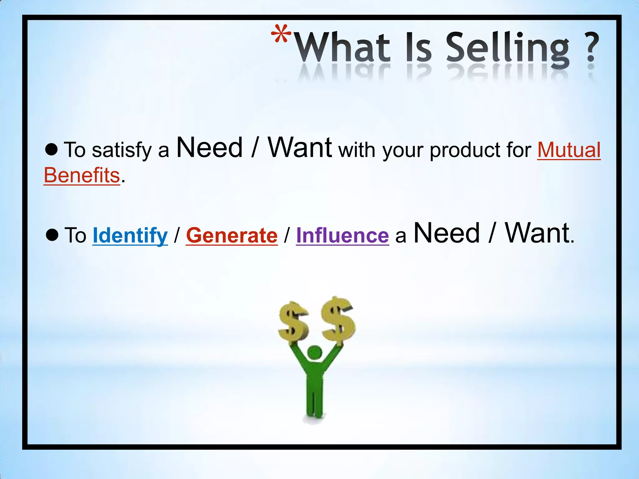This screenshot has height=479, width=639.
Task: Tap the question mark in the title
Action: pyautogui.click(x=590, y=48)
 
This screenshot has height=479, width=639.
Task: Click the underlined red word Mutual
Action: pyautogui.click(x=569, y=150)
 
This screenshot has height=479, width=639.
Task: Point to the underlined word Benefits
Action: pyautogui.click(x=82, y=175)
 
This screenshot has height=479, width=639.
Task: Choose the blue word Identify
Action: pyautogui.click(x=130, y=235)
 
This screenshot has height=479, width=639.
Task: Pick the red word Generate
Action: pyautogui.click(x=232, y=235)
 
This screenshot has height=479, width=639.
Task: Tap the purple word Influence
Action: pyautogui.click(x=342, y=235)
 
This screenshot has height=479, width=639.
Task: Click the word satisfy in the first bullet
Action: pyautogui.click(x=121, y=150)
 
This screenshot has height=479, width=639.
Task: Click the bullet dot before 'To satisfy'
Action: pyautogui.click(x=51, y=149)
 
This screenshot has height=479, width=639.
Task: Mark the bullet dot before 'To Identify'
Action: pyautogui.click(x=52, y=235)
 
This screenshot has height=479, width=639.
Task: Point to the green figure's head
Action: pyautogui.click(x=315, y=353)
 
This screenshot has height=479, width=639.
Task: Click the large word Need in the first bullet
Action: pyautogui.click(x=209, y=148)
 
